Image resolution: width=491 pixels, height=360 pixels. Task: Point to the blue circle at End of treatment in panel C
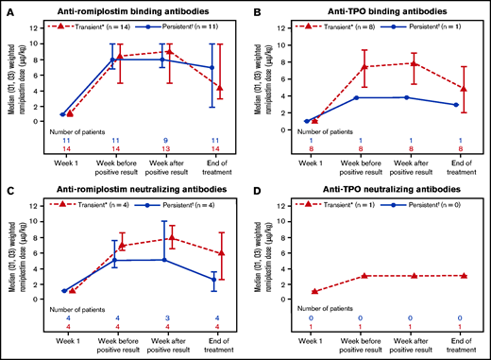pyautogui.click(x=212, y=280)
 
